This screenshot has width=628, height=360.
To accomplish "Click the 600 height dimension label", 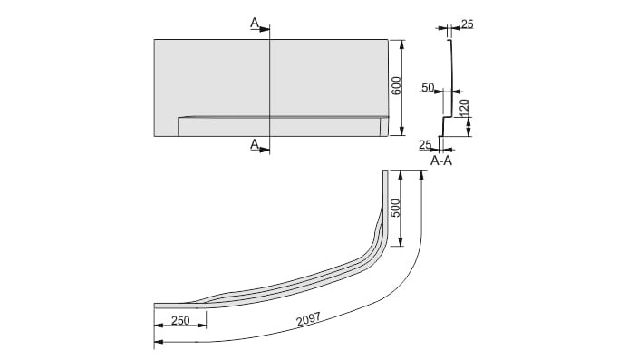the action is [396, 85].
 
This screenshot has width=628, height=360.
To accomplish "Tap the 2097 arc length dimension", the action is [308, 319].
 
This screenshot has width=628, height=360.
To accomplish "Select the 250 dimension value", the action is [180, 320].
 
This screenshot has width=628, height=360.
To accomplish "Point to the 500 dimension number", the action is [395, 208].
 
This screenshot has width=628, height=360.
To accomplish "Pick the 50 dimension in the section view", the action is [428, 87].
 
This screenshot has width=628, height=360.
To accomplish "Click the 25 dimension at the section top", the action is [467, 24].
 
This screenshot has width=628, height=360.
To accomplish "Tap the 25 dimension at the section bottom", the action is [425, 145].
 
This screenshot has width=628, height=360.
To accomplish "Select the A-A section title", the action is [441, 161].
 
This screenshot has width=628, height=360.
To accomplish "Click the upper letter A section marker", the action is [255, 24].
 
